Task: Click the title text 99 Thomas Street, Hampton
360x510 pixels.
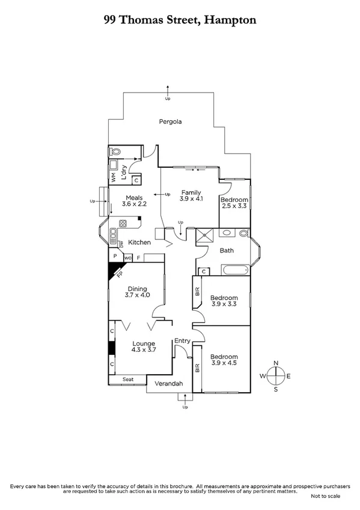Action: (x=180, y=20)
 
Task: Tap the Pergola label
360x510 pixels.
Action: (x=170, y=121)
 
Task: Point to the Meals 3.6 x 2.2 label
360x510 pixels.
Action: (x=133, y=200)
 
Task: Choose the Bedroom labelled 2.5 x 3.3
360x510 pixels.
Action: (x=234, y=203)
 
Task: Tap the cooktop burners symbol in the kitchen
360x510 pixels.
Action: (x=123, y=224)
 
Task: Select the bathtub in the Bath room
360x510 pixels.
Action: (x=234, y=271)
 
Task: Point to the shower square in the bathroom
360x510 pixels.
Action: (x=206, y=236)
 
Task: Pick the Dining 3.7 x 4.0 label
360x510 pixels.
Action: (x=136, y=292)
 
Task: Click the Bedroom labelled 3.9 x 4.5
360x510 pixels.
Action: (x=224, y=360)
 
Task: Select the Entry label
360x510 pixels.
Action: (x=182, y=341)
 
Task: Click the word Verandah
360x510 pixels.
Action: (x=168, y=383)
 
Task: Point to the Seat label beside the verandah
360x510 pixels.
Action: (x=128, y=379)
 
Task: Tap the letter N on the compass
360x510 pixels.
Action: (x=276, y=363)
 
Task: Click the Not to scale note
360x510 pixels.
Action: (x=325, y=496)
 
